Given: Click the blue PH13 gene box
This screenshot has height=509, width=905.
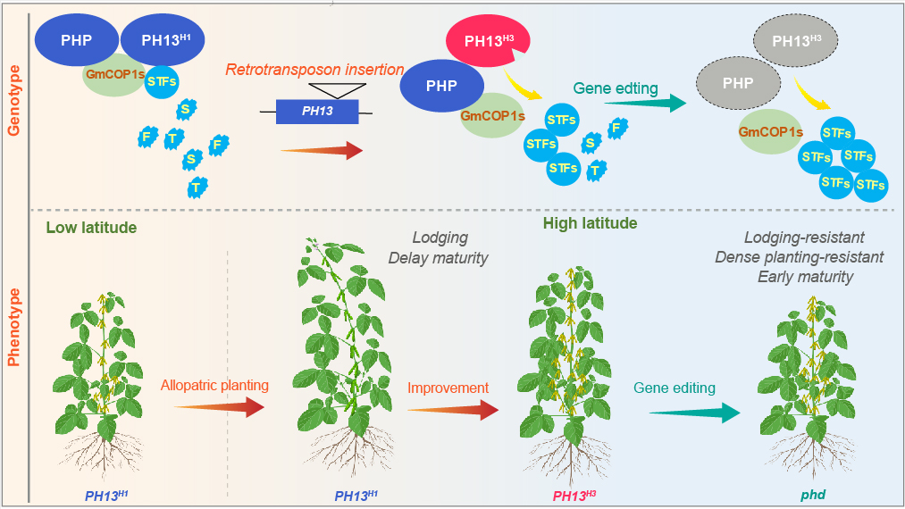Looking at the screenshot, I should [317, 112].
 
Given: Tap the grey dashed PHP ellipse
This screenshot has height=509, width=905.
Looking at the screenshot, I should [738, 85].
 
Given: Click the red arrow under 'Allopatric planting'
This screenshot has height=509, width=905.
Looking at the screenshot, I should [219, 407].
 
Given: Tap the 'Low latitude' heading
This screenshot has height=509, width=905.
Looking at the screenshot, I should [91, 228].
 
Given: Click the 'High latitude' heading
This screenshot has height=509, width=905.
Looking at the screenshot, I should [590, 222].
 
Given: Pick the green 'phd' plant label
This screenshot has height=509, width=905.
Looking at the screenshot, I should [812, 495].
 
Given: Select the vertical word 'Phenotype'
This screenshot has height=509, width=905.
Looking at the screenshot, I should [14, 327].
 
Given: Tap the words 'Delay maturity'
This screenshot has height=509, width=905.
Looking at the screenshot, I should [438, 258].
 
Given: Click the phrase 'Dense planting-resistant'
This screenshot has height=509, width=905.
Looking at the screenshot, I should [799, 257].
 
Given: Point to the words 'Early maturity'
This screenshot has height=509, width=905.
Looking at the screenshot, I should [805, 277].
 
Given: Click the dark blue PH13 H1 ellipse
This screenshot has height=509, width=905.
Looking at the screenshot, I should [162, 40].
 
